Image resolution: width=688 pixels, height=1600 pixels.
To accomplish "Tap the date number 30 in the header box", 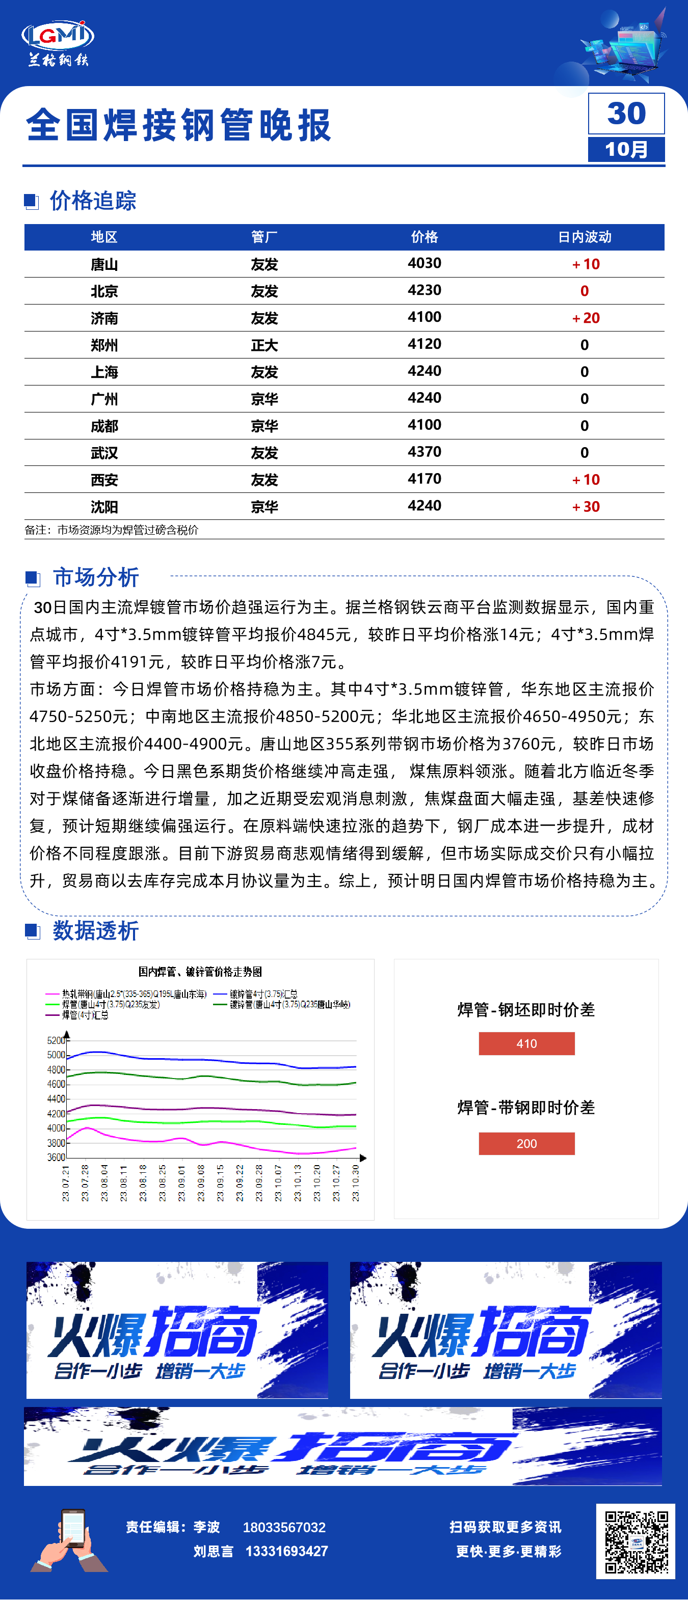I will click(x=626, y=114).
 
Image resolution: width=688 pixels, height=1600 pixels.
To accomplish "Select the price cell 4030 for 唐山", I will click(x=425, y=263).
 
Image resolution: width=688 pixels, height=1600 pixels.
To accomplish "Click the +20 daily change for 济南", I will click(x=586, y=318).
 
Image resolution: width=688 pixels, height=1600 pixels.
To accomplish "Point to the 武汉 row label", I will click(x=104, y=453).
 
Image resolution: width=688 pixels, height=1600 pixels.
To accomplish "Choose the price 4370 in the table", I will click(x=425, y=452).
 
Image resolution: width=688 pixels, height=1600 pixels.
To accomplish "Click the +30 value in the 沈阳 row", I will click(x=586, y=507).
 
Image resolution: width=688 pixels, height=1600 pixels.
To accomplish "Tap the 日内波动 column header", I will click(x=584, y=237).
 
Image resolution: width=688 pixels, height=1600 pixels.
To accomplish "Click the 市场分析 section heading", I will click(x=96, y=577).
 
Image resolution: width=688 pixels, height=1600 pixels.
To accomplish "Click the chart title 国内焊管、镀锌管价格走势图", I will click(x=200, y=972).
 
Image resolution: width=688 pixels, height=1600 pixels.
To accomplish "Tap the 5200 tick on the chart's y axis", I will click(x=56, y=1040).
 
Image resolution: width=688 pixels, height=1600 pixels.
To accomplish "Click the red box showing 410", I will click(x=526, y=1043).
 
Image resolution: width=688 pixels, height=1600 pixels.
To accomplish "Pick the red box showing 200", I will click(x=526, y=1144).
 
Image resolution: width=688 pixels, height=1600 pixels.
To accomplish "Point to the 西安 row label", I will click(x=104, y=480).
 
